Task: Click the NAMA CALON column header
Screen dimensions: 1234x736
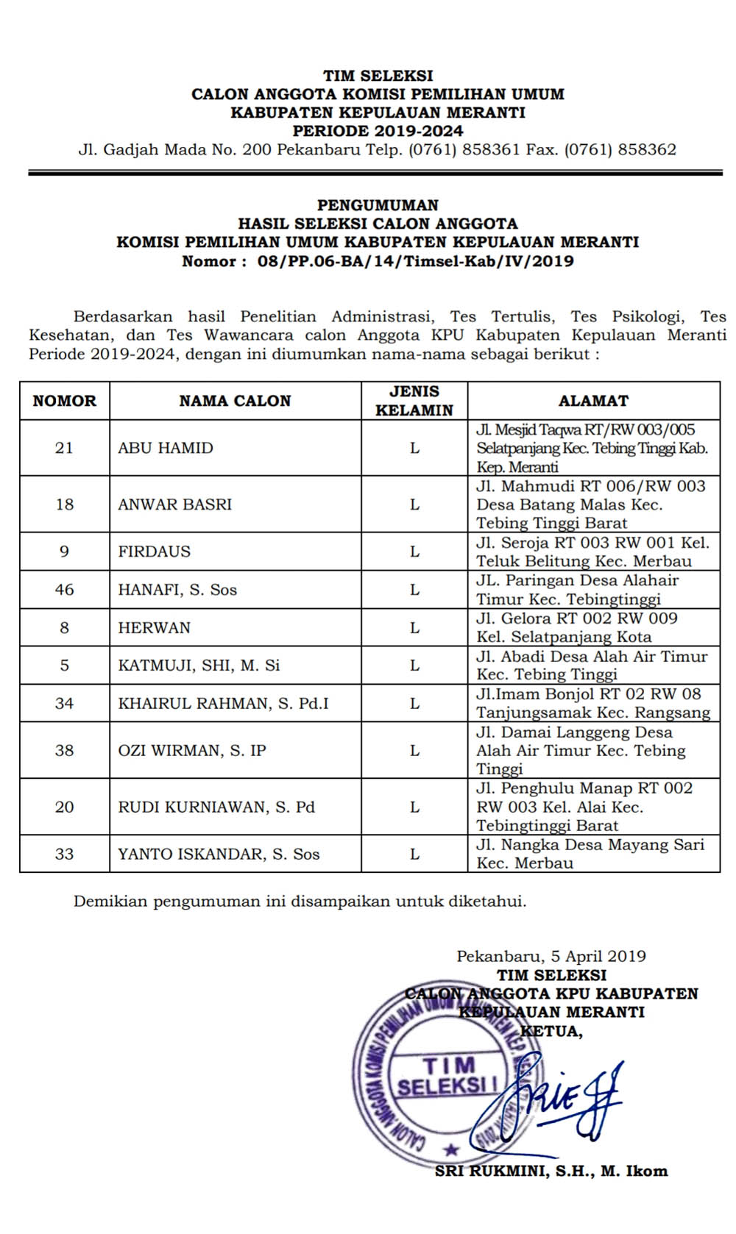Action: tap(235, 401)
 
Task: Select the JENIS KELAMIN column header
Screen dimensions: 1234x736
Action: tap(414, 401)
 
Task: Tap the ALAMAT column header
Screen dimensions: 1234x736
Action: tap(593, 401)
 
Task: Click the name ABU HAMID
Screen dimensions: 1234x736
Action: tap(166, 448)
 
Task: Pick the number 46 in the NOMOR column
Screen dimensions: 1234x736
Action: tap(65, 590)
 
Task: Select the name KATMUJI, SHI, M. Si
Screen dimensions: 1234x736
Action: tap(199, 666)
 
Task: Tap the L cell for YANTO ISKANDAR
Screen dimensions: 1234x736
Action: tap(414, 854)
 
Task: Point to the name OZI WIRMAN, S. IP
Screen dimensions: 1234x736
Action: tap(192, 750)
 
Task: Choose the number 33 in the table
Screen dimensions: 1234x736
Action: tap(65, 854)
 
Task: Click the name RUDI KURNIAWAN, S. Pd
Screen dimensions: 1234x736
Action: tap(216, 807)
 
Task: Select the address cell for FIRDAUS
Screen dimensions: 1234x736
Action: tap(592, 552)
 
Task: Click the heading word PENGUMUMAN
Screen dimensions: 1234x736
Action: tap(378, 205)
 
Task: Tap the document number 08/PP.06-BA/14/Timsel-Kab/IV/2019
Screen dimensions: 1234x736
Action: tap(415, 261)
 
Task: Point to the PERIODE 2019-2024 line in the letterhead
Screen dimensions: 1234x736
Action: tap(378, 131)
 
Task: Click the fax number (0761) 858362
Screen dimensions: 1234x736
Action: tap(620, 149)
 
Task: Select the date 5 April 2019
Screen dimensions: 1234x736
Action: tap(598, 956)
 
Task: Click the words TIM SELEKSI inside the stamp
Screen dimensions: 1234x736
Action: tap(447, 1075)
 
